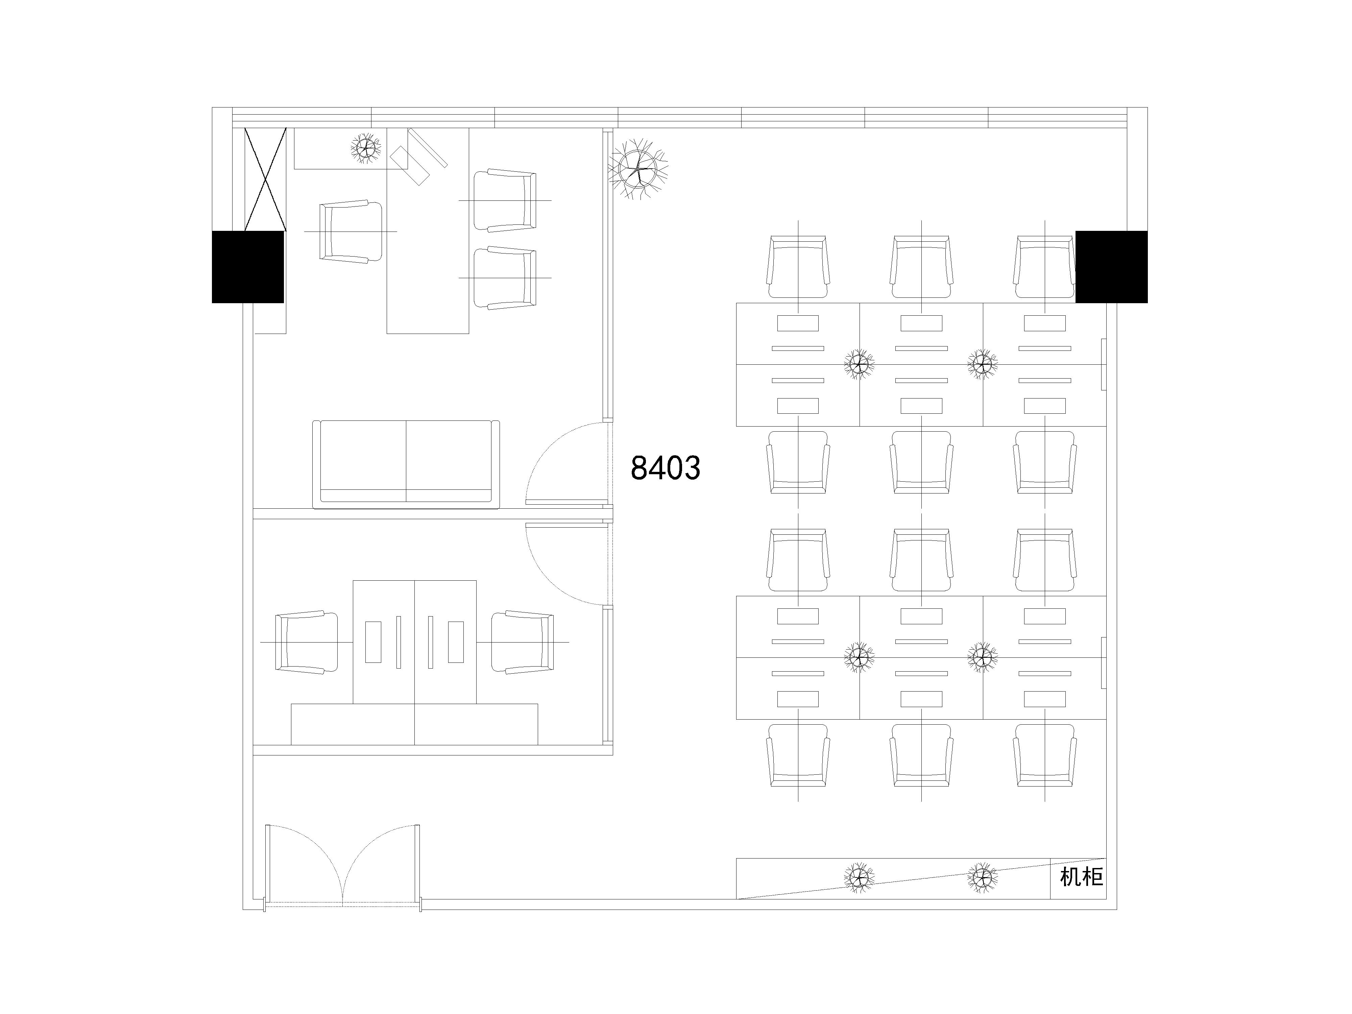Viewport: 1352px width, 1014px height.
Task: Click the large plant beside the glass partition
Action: coord(638,167)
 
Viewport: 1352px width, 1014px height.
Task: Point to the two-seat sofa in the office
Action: coord(406,464)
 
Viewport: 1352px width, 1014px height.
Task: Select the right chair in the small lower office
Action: coord(523,643)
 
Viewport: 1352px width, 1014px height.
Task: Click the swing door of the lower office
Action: coord(569,563)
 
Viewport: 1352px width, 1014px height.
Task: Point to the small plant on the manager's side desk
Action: coord(366,147)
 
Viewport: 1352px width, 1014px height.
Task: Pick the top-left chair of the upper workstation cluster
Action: coord(798,267)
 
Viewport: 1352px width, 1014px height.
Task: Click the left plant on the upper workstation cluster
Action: coord(859,365)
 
